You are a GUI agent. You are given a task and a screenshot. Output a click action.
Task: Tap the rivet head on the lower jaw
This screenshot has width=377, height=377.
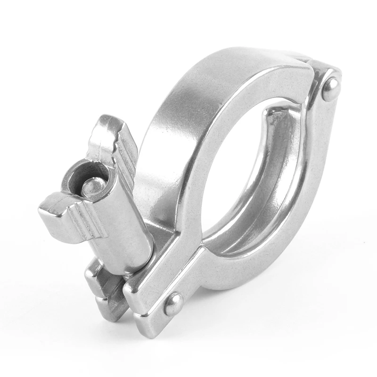tap(174, 304)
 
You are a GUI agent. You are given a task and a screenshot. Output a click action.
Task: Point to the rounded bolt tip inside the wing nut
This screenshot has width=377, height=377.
tap(91, 186)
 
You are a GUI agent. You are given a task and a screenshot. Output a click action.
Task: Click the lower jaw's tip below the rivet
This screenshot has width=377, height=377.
tap(146, 325)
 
